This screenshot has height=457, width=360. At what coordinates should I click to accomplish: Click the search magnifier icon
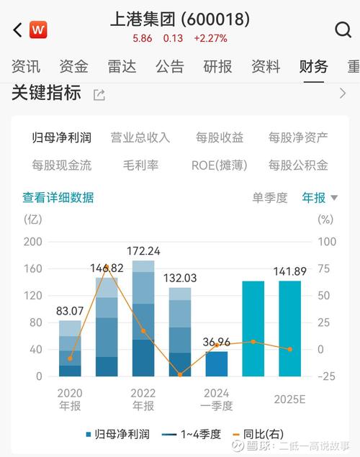[x=343, y=30]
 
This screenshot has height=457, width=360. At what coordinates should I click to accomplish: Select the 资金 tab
[x=73, y=67]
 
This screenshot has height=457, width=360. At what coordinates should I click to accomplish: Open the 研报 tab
[x=217, y=67]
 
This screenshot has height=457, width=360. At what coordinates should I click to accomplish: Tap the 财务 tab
[x=313, y=67]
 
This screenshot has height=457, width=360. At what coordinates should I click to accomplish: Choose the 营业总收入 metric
[x=140, y=137]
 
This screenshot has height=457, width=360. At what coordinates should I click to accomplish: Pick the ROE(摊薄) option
[x=219, y=165]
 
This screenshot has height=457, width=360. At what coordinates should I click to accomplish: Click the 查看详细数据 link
[x=58, y=197]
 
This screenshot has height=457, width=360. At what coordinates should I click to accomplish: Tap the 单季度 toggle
[x=269, y=197]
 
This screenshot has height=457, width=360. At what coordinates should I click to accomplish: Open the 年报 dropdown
[x=318, y=197]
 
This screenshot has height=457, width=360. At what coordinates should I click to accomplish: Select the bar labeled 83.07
[x=70, y=348]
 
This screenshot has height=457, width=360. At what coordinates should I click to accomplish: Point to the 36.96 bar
[x=216, y=363]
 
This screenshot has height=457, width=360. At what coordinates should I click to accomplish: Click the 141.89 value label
[x=289, y=271]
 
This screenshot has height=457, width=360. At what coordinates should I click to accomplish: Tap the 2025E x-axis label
[x=289, y=399]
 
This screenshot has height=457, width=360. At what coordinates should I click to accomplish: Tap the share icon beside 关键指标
[x=99, y=94]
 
